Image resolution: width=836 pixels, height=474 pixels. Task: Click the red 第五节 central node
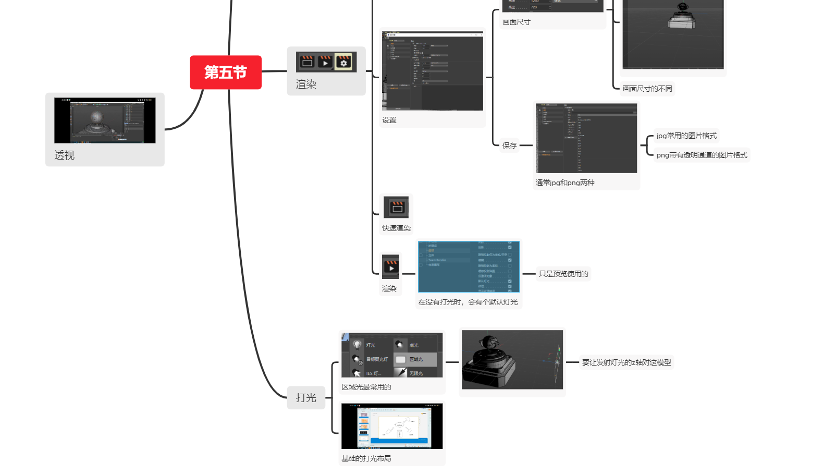coord(225,72)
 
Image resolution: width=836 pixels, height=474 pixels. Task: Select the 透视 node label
coord(65,155)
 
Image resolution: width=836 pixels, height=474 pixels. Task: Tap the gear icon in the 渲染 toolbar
coord(343,63)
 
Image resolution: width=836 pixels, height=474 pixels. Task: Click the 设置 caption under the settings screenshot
coord(389,120)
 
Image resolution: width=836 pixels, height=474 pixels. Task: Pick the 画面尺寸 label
coord(517,22)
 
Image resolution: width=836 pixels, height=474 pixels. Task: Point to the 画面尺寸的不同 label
coord(647,89)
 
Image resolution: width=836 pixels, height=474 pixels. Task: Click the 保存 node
coord(510,145)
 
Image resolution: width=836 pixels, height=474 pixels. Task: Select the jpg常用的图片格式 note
coord(686,136)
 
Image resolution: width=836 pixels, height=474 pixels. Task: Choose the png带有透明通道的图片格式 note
coord(702,155)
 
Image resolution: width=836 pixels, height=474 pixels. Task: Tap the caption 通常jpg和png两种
coord(565,183)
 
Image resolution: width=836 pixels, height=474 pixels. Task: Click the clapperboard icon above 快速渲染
coord(397,208)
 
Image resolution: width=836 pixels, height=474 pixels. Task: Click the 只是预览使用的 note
coord(563,274)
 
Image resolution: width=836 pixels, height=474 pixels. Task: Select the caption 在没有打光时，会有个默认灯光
coord(468,302)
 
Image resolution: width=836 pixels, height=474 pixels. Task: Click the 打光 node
coord(306,398)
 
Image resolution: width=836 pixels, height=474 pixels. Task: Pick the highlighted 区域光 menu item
coord(415,359)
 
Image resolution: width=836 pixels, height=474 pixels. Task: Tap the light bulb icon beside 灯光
coord(357,345)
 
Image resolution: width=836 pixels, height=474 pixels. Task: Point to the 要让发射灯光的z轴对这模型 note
coord(626,362)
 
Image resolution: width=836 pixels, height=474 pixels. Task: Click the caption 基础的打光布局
coord(366,459)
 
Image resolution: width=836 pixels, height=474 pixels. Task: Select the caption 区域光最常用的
coord(366,387)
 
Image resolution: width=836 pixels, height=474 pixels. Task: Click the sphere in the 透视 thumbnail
coord(97,116)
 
